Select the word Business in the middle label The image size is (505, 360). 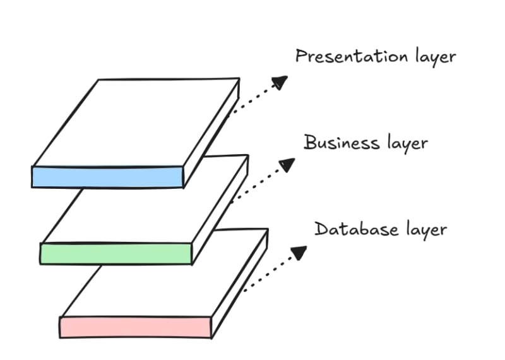coord(342,143)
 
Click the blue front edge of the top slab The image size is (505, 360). coord(107,177)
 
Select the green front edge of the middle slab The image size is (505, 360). coord(116,253)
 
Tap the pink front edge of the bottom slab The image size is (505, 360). coord(135,327)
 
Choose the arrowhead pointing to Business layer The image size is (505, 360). coord(287,165)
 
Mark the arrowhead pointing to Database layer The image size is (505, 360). coord(298,252)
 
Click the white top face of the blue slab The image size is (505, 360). coord(136,123)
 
